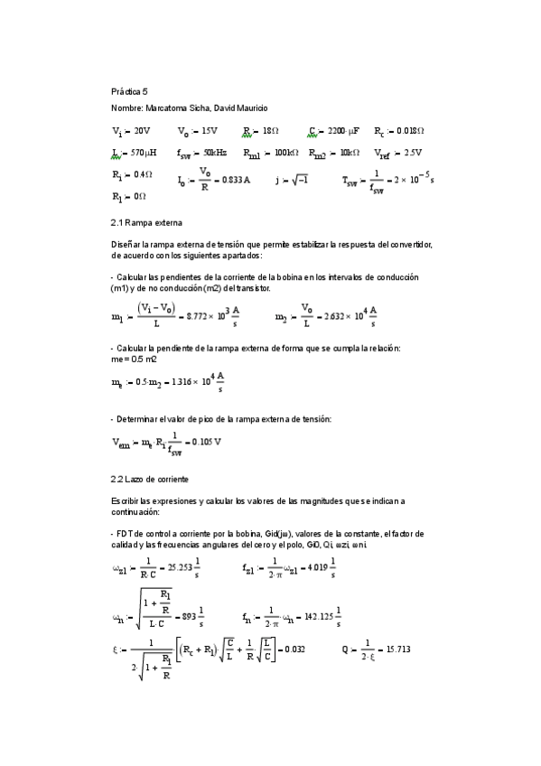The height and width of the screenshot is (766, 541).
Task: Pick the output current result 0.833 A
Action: click(233, 180)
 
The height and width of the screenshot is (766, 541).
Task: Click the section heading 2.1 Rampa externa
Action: click(145, 220)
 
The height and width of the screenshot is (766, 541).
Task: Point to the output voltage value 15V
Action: click(208, 131)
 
